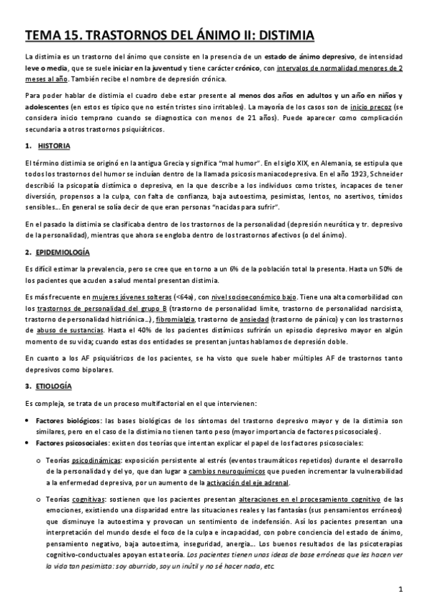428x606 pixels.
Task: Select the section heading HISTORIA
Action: coord(54,146)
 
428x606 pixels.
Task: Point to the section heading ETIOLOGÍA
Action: coord(56,386)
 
